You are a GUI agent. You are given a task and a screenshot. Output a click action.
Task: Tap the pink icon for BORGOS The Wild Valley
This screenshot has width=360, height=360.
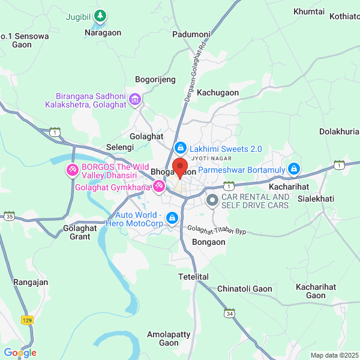coord(72,171)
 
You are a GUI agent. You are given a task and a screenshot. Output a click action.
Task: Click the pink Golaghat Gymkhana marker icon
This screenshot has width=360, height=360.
coord(158,187)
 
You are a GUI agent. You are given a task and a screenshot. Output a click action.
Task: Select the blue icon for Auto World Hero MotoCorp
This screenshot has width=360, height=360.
coord(173,218)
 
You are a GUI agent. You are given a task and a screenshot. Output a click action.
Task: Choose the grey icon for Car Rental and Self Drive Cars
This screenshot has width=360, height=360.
coord(212,200)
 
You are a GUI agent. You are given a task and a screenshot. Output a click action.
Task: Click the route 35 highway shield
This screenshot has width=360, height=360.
coord(9,215)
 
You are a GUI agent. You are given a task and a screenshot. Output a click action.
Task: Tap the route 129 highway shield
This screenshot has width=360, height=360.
coord(26,320)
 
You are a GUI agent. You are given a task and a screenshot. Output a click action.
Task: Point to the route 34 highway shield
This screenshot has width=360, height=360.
coord(230,313)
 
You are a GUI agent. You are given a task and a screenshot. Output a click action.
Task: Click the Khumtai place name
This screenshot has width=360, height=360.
coord(308,11)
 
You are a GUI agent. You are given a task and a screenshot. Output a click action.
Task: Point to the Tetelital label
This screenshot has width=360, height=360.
coord(193,277)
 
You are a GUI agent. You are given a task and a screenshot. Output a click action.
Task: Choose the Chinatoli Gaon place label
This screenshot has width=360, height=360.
coord(244,289)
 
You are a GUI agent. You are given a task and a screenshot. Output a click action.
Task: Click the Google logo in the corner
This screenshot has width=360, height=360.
coord(20,353)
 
